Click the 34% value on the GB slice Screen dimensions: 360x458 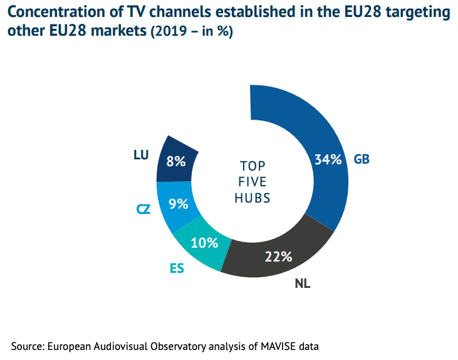pos(328,159)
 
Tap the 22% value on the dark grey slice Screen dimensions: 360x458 pos(278,256)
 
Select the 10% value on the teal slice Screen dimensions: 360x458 pos(205,243)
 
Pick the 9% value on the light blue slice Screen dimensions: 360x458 pos(179,203)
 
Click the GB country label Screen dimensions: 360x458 pos(362,159)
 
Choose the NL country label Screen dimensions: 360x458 pos(303,283)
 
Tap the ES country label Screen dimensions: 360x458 pos(177,268)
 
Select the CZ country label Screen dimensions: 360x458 pos(144,208)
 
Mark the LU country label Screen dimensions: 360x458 pos(141,154)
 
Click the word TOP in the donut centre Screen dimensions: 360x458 pos(252,166)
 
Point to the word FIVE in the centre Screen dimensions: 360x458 pos(252,182)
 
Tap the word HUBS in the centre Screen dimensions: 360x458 pos(252,198)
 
